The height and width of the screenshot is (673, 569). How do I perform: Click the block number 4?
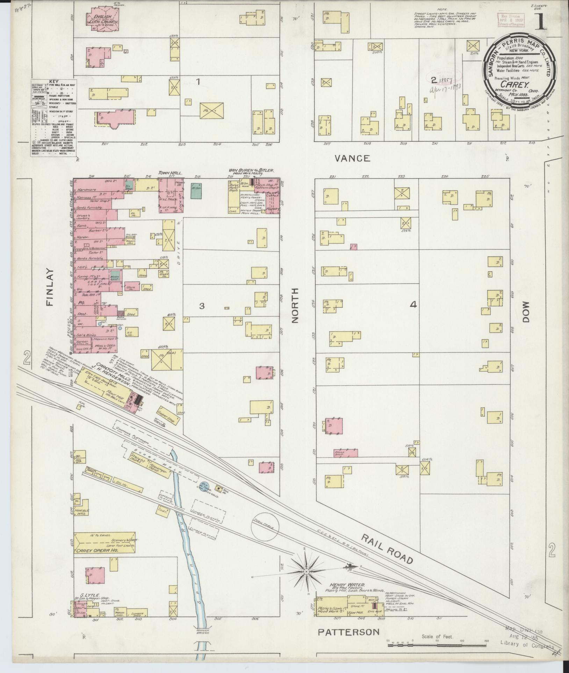413,305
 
